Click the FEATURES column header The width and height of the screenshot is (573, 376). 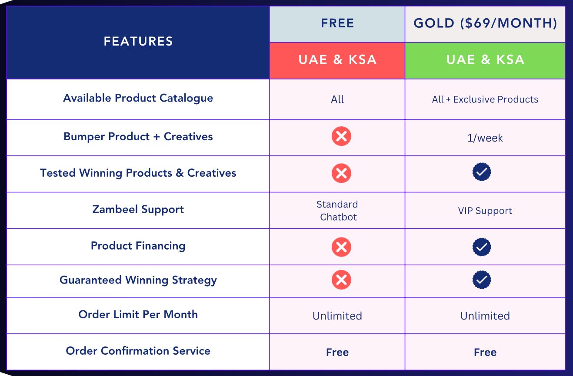click(x=138, y=41)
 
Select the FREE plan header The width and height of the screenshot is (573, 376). click(x=337, y=23)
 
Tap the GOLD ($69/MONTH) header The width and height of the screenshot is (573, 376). click(x=485, y=23)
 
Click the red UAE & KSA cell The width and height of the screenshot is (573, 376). click(x=337, y=60)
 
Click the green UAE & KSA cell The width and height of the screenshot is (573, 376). click(x=485, y=60)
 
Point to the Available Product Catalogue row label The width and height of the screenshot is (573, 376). click(x=138, y=98)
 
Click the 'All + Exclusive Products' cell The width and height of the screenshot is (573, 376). click(x=485, y=99)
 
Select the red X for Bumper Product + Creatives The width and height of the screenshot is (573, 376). click(x=342, y=136)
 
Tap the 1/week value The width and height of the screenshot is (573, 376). click(x=485, y=138)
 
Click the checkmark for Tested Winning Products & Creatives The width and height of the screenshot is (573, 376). click(x=482, y=172)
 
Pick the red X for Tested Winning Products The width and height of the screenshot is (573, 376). click(x=342, y=173)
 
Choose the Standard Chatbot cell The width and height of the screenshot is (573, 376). click(x=337, y=211)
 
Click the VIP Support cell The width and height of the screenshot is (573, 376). click(x=485, y=211)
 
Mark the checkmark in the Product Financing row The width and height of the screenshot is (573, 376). click(x=482, y=247)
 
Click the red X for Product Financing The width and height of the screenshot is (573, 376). click(x=342, y=247)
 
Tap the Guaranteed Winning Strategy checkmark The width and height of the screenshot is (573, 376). click(x=482, y=280)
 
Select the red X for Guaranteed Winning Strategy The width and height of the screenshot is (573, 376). click(x=342, y=280)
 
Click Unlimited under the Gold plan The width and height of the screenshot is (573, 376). click(x=485, y=316)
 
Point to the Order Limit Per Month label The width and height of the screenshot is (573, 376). click(x=138, y=314)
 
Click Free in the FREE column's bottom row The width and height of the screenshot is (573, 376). click(x=337, y=352)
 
